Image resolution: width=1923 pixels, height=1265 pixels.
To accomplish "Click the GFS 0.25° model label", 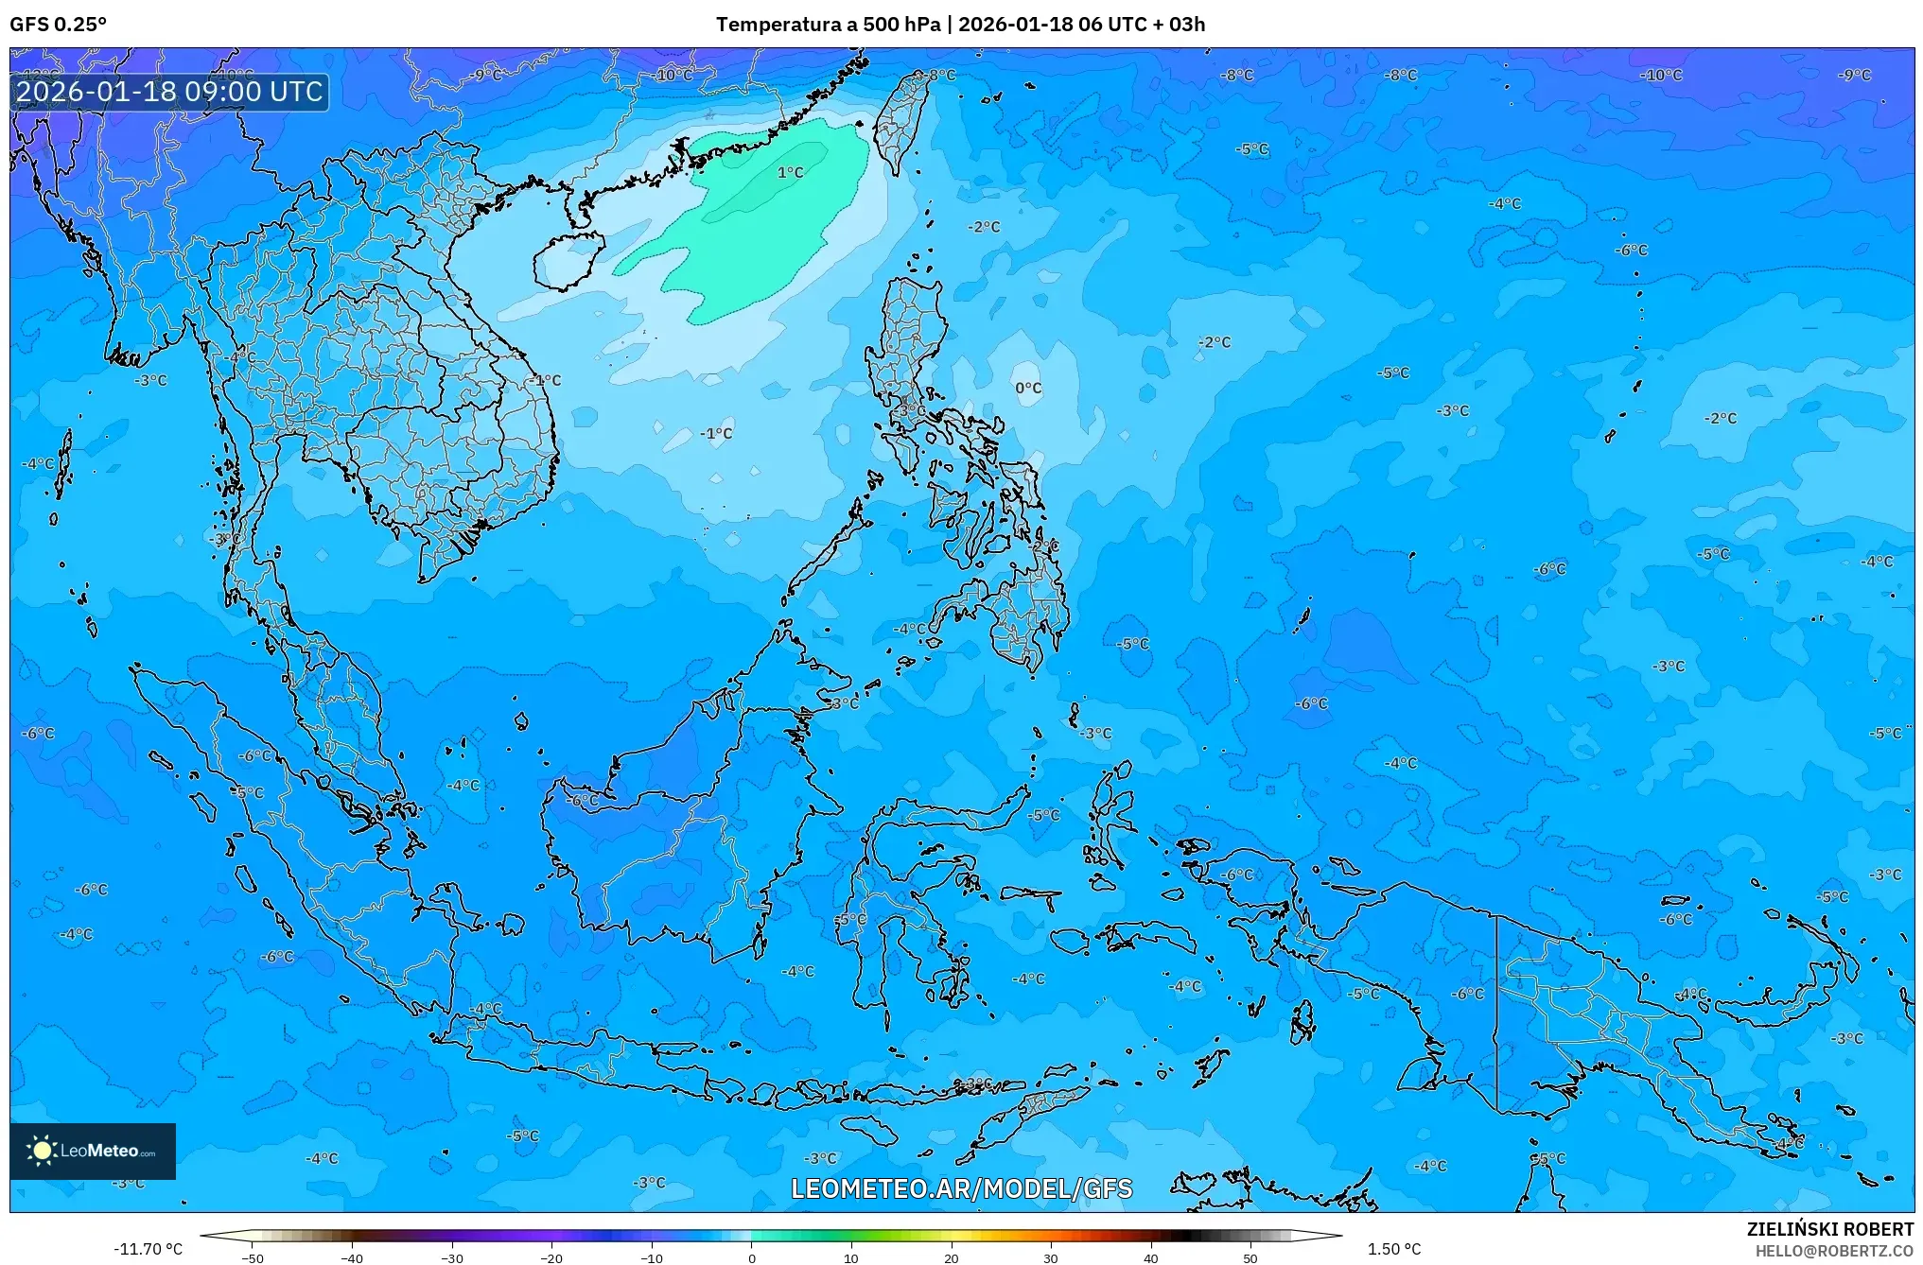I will click(58, 25).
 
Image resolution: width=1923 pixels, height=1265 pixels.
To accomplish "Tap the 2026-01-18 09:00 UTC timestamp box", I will click(169, 92).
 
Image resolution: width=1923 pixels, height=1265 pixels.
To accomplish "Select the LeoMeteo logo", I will click(92, 1151).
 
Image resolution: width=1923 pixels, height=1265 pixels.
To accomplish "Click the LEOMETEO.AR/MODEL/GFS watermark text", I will click(961, 1188).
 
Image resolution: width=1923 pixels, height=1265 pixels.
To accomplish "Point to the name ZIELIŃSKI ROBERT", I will click(1829, 1229).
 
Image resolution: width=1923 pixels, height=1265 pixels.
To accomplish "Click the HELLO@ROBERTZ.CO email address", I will click(1834, 1251).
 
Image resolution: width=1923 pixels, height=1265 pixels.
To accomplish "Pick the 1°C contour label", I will click(790, 173).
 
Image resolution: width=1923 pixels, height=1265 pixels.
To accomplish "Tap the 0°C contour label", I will click(1028, 388).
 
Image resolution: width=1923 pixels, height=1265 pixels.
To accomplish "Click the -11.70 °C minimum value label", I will click(148, 1249).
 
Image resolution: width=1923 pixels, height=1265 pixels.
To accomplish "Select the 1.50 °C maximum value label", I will click(1393, 1249).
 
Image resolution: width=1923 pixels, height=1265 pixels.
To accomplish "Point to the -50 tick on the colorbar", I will click(253, 1257).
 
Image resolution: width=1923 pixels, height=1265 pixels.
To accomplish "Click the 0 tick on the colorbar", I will click(752, 1257).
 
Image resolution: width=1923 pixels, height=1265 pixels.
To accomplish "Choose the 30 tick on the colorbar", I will click(1051, 1257).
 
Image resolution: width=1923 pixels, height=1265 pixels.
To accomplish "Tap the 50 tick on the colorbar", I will click(1250, 1257).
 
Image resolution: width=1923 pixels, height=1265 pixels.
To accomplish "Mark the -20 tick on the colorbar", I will click(551, 1257).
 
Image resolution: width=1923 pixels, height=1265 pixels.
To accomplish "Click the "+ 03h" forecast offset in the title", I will click(1179, 25).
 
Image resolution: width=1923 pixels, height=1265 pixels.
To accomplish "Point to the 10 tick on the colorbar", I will click(851, 1257).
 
